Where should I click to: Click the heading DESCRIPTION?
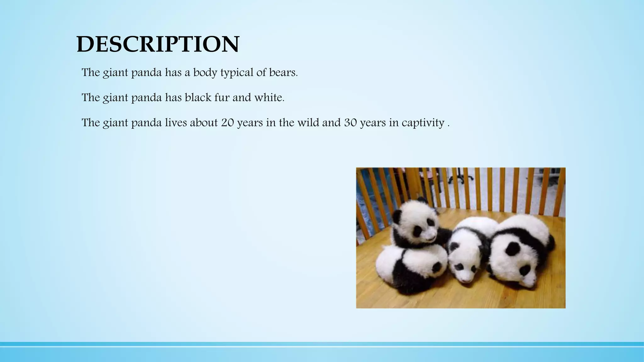coord(158,44)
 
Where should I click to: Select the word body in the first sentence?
coord(206,73)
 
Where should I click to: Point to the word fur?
coord(222,98)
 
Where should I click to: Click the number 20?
coord(227,123)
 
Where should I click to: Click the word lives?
coord(176,123)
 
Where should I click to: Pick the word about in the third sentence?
coord(203,123)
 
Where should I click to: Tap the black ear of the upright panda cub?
coord(397,216)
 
